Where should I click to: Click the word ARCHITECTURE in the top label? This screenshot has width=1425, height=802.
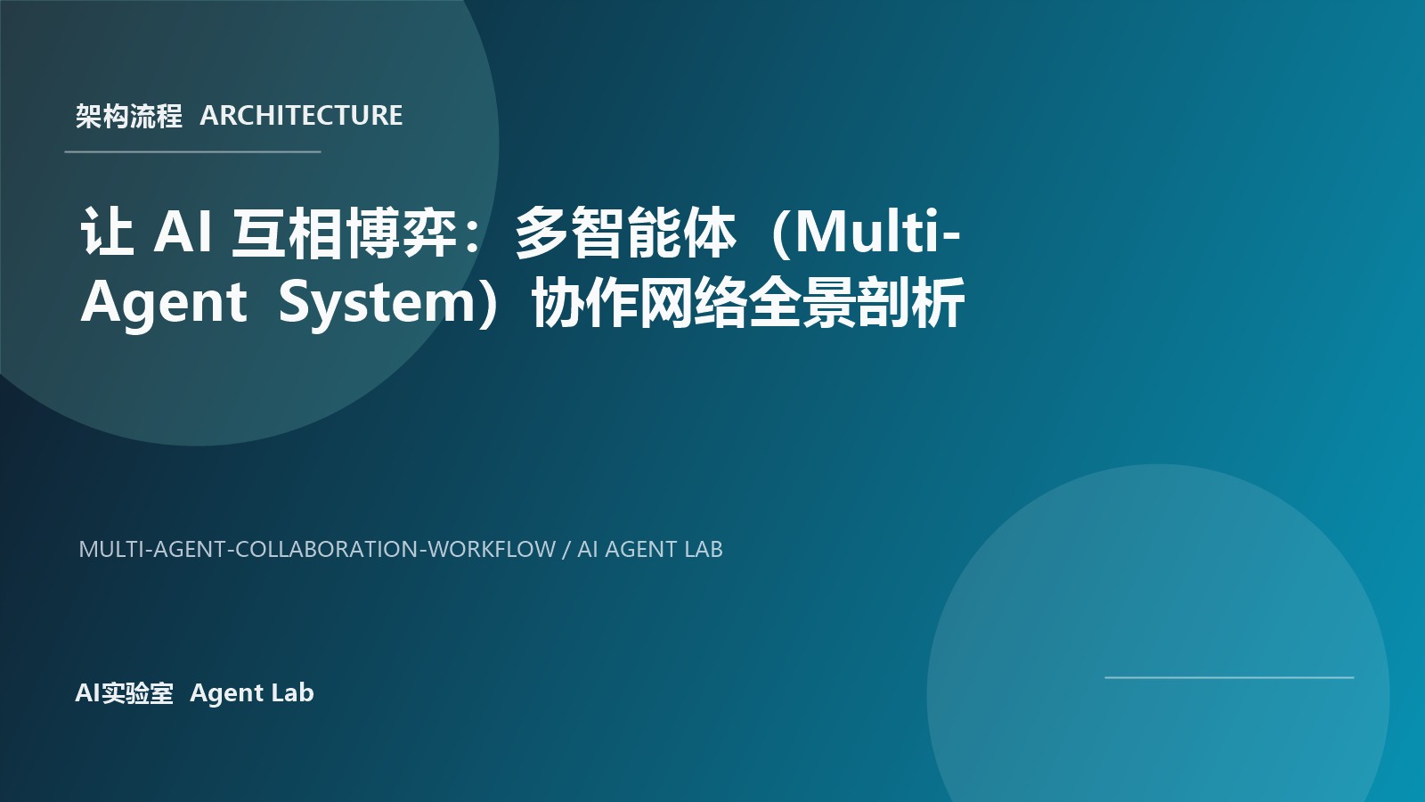coord(301,116)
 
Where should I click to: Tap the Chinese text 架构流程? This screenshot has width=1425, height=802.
coord(128,116)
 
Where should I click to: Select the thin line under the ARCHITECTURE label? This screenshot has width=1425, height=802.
coord(192,151)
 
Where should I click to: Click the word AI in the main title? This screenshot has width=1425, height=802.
coord(183,233)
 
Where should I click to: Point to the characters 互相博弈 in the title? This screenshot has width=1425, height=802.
coord(344,233)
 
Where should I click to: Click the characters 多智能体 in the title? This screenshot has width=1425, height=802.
coord(626,233)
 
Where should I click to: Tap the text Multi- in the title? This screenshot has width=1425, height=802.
coord(876,233)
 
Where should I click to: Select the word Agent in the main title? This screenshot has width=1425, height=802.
coord(163,302)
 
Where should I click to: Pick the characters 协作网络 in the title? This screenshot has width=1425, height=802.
coord(639,304)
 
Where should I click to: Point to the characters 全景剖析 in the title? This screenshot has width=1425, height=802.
coord(857,304)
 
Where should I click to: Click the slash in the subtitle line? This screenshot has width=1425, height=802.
coord(566,549)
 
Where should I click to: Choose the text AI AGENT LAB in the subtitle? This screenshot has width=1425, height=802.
coord(650,549)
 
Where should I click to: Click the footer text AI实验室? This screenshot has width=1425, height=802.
coord(124,693)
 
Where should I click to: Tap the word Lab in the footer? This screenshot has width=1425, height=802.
coord(292,693)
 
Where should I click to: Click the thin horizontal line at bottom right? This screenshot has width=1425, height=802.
coord(1229,677)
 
